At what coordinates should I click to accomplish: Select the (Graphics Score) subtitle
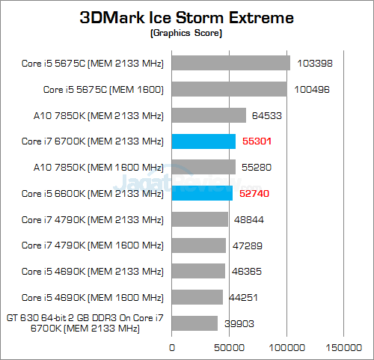(187, 34)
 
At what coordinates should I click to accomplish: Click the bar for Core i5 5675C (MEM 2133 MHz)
(231, 63)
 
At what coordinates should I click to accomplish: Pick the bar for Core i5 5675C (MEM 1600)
(230, 89)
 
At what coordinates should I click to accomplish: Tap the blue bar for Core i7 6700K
(204, 141)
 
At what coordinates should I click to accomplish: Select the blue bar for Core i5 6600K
(203, 193)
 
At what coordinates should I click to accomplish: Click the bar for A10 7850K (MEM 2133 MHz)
(209, 115)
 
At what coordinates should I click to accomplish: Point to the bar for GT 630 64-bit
(195, 323)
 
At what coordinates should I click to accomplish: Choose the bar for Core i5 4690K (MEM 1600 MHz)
(197, 297)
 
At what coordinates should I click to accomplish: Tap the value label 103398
(312, 64)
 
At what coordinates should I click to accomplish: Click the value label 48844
(248, 219)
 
